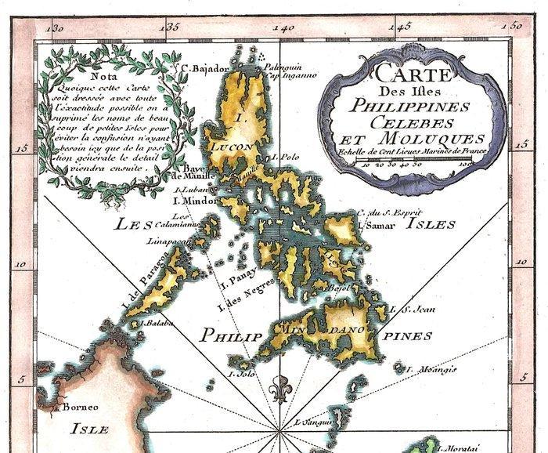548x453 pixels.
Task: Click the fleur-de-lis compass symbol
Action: (x=279, y=389)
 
